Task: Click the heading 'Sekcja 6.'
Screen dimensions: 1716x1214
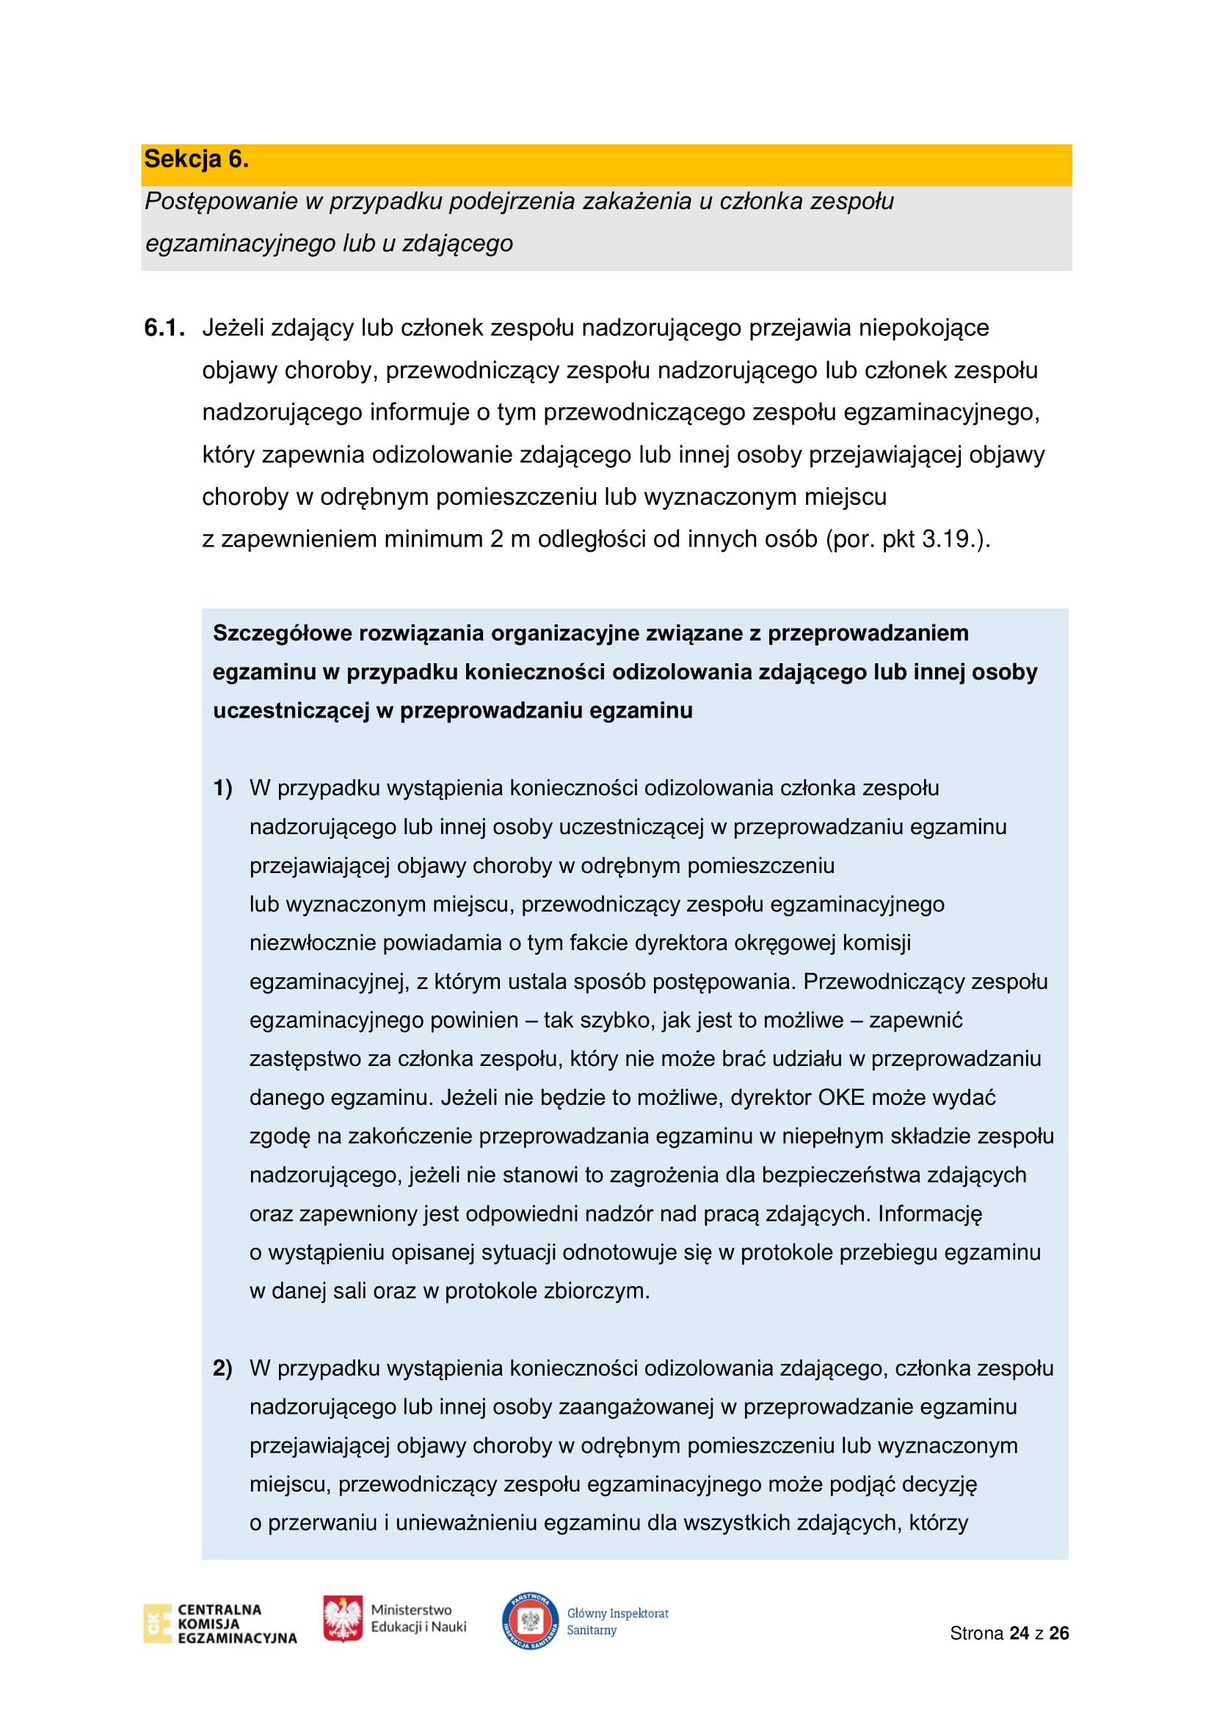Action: (196, 159)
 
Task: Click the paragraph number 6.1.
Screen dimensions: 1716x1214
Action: (164, 327)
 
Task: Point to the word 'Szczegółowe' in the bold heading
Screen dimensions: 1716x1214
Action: (283, 633)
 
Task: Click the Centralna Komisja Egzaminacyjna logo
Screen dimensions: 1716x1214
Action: (219, 1624)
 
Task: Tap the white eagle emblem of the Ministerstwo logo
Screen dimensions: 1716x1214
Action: (342, 1619)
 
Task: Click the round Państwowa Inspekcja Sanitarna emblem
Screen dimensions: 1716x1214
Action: (530, 1621)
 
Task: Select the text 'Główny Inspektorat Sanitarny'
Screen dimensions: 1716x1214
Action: (617, 1621)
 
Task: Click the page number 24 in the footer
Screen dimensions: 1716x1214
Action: (1019, 1633)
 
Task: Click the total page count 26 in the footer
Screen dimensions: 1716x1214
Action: (1058, 1633)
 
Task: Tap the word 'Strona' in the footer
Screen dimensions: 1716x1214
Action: (976, 1633)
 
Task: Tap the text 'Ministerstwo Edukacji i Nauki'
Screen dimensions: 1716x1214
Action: (418, 1618)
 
